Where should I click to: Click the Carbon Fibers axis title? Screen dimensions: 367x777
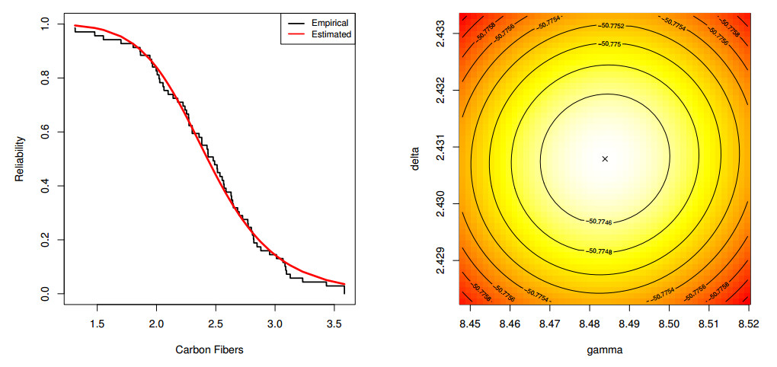[209, 349]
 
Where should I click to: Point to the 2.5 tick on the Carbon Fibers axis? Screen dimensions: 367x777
[216, 324]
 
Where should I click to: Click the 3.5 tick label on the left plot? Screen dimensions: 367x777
[334, 324]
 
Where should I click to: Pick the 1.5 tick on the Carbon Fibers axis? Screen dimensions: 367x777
[97, 324]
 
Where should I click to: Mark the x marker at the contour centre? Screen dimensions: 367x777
[605, 158]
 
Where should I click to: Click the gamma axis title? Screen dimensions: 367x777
[605, 349]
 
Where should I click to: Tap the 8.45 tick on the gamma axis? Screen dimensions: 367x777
[470, 324]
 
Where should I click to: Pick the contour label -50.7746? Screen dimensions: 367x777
[604, 222]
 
